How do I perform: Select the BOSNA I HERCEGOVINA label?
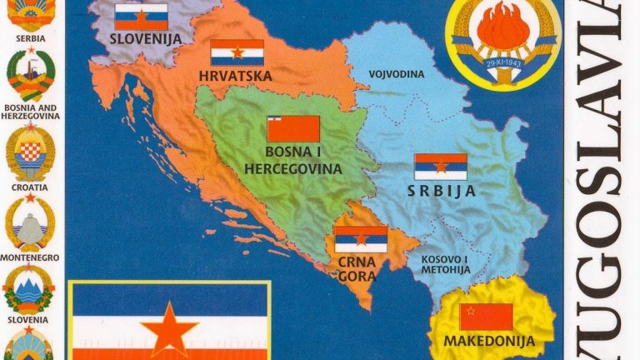pyautogui.click(x=292, y=161)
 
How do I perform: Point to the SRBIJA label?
pyautogui.click(x=442, y=191)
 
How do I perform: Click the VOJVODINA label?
pyautogui.click(x=397, y=74)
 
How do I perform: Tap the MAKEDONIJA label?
pyautogui.click(x=487, y=342)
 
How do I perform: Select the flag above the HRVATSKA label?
pyautogui.click(x=237, y=52)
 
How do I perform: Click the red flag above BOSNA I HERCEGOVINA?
pyautogui.click(x=293, y=129)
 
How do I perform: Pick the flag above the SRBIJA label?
pyautogui.click(x=441, y=167)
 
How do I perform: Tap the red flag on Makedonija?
pyautogui.click(x=486, y=317)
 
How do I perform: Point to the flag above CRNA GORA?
pyautogui.click(x=360, y=239)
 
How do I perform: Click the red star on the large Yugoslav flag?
pyautogui.click(x=169, y=328)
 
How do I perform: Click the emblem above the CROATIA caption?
pyautogui.click(x=30, y=154)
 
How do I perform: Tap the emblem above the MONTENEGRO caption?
pyautogui.click(x=30, y=223)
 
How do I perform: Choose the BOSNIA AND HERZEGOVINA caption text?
pyautogui.click(x=31, y=112)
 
